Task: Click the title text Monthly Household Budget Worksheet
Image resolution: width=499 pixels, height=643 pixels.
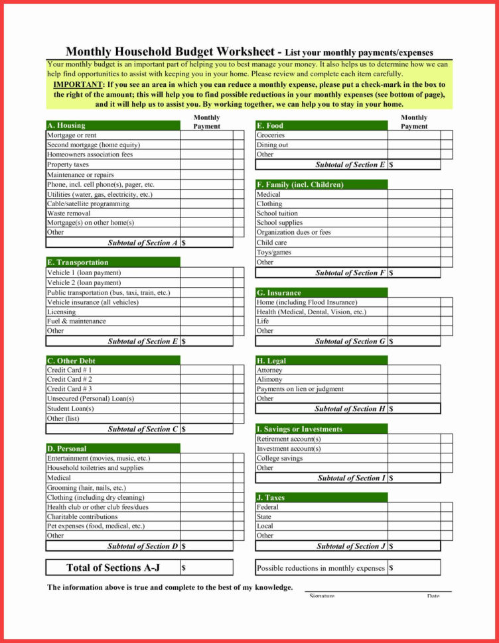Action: tap(171, 52)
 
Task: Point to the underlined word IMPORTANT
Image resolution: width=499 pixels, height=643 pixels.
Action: tap(78, 85)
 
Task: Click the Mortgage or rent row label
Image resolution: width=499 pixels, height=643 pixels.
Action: tap(72, 135)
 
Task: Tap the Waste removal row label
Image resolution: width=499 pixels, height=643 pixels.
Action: tap(68, 213)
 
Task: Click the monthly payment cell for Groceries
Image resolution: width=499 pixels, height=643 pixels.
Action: tap(414, 135)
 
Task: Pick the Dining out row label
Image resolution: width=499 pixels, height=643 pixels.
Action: tap(272, 145)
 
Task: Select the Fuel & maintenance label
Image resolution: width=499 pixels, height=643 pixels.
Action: tap(76, 321)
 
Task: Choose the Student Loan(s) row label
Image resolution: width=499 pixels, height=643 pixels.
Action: tap(70, 408)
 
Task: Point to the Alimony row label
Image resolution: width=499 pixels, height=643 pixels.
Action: tap(269, 380)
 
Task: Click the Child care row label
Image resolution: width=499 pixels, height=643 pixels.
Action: tap(272, 243)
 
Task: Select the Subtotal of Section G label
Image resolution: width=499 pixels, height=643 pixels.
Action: tap(350, 341)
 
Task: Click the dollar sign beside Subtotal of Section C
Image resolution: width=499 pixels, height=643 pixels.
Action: tap(184, 429)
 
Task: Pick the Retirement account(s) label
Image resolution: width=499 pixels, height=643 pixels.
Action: tap(289, 439)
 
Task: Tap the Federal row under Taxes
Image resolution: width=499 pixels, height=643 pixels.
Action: tap(267, 507)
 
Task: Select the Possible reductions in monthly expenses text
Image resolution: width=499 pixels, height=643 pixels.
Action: tap(321, 568)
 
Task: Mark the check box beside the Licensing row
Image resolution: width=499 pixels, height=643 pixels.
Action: tap(238, 312)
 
